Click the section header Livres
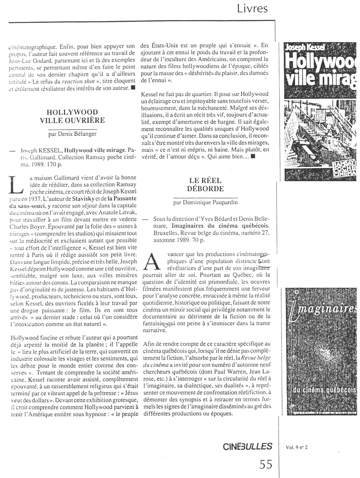[252, 8]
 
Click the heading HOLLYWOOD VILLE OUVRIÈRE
[72, 116]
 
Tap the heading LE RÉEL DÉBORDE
[205, 184]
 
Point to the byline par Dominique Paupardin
[205, 202]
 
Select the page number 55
[265, 464]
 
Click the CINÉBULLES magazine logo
[247, 446]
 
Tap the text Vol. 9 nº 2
[297, 448]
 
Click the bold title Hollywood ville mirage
[95, 150]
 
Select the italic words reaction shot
[75, 81]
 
